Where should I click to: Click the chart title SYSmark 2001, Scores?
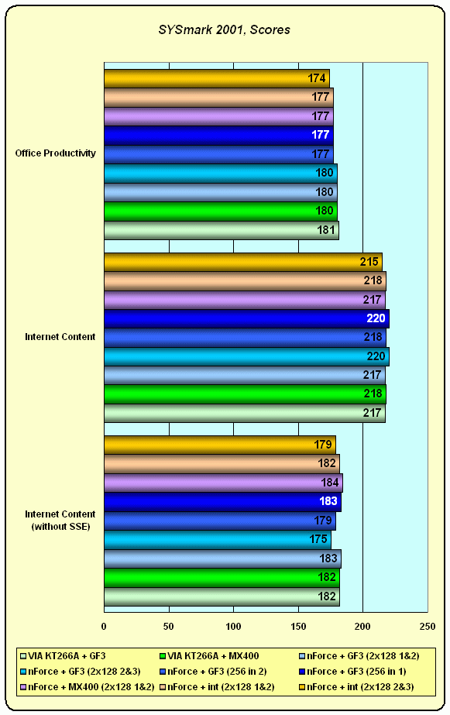(x=225, y=30)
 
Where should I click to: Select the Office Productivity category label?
(x=55, y=153)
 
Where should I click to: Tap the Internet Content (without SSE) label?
(x=60, y=521)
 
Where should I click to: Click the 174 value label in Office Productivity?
(x=317, y=78)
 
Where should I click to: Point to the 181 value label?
(x=326, y=230)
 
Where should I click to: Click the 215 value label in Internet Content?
(x=369, y=262)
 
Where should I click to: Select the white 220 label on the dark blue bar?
(x=376, y=318)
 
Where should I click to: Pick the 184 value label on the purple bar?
(x=330, y=483)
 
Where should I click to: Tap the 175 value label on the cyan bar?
(x=318, y=539)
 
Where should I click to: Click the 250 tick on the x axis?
(x=428, y=627)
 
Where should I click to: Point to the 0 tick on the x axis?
(x=104, y=627)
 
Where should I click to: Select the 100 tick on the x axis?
(x=233, y=627)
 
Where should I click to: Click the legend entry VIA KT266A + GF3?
(x=63, y=656)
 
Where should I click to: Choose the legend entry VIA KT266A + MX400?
(x=209, y=656)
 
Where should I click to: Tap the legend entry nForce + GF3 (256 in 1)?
(x=352, y=671)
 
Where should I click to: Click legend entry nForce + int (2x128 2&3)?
(x=356, y=687)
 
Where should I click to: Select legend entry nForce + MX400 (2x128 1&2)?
(x=87, y=687)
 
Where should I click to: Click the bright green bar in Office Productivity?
(x=221, y=211)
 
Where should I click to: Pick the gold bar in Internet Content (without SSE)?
(x=220, y=445)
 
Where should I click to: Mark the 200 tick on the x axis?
(x=362, y=627)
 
